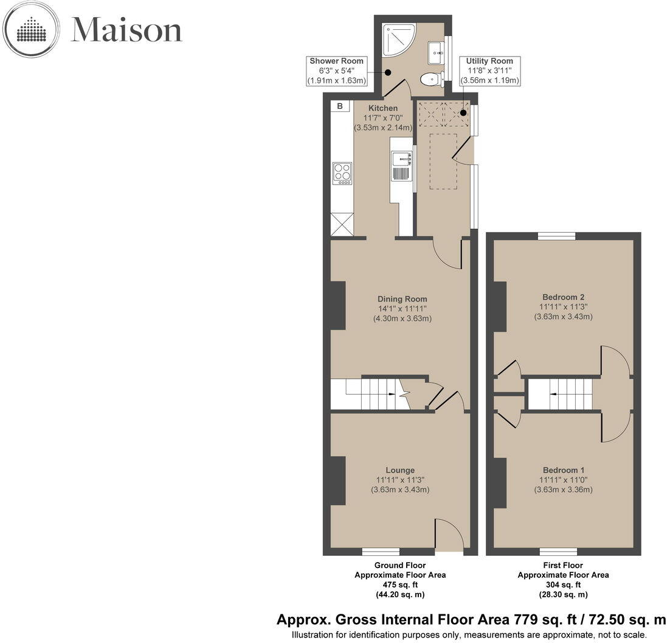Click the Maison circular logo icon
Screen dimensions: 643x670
pos(32,29)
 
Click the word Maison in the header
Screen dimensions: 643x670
pos(126,30)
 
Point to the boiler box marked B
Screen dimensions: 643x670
pos(340,107)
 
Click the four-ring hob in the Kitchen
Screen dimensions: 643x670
pos(342,173)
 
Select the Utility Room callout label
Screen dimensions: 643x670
pos(489,71)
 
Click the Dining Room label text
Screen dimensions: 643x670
pos(402,299)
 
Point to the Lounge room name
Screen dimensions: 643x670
pos(400,470)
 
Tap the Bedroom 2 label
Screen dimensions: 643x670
pos(563,297)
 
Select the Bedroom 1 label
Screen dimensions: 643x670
pos(563,470)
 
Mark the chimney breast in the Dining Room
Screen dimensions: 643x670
pos(337,306)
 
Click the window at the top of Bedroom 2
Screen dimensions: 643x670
pos(556,236)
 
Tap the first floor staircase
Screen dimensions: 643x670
pos(559,394)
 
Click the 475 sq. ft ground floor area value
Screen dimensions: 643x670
pos(400,585)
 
